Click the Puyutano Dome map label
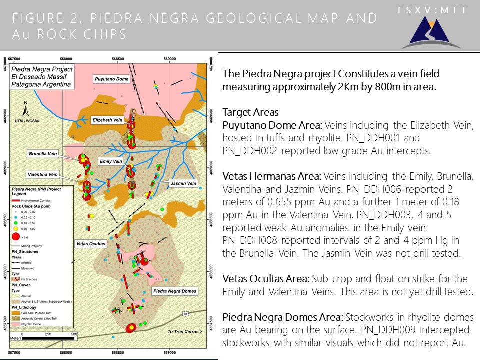112,79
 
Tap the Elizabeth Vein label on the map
107,120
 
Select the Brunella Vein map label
43,154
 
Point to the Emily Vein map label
111,161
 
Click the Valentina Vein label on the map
43,175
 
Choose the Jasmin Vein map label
180,184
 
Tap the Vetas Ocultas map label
91,244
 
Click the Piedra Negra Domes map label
174,291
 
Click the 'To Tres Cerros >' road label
185,331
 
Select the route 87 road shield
186,313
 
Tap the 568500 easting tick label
118,58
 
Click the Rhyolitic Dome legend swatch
16,323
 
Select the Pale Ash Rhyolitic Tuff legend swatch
16,312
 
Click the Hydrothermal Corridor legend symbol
16,199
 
